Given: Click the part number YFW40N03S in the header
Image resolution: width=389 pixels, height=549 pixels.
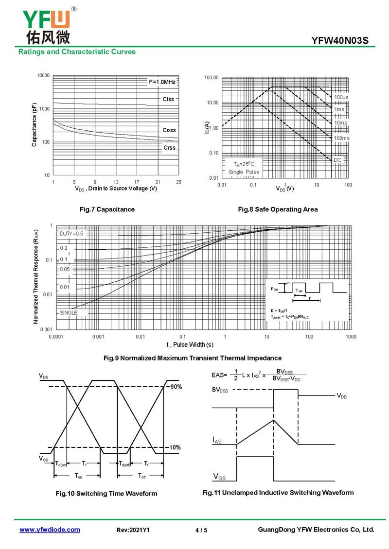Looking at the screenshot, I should point(343,40).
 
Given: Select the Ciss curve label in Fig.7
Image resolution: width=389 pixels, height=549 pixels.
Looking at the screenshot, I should point(168,99).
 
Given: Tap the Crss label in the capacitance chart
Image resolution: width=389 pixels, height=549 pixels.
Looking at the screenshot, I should point(169,148).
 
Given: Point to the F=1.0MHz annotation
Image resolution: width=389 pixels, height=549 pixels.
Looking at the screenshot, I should point(162,82).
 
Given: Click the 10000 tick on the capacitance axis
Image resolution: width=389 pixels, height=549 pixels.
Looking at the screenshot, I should point(43,76).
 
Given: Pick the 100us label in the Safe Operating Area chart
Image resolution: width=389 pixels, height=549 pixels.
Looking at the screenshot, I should point(341,97).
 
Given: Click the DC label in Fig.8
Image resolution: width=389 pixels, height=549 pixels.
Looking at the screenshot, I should point(337,160).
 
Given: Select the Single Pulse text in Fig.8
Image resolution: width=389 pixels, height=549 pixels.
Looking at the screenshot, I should point(244,172).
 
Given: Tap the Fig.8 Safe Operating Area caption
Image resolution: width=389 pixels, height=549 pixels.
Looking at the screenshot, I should point(278,209).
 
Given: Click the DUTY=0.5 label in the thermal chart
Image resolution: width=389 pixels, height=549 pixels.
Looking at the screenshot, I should point(71,234).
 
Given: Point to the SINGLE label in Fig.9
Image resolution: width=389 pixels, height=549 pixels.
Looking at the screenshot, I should point(69,313).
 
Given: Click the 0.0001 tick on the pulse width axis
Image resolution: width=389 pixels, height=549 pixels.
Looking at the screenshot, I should point(56,337).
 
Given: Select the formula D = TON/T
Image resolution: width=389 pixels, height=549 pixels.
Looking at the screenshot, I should point(279,310).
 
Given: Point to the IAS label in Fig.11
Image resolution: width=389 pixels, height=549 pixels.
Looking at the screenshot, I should point(217,440).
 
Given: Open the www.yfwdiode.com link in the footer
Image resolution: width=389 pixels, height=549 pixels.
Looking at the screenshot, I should point(50,530).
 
